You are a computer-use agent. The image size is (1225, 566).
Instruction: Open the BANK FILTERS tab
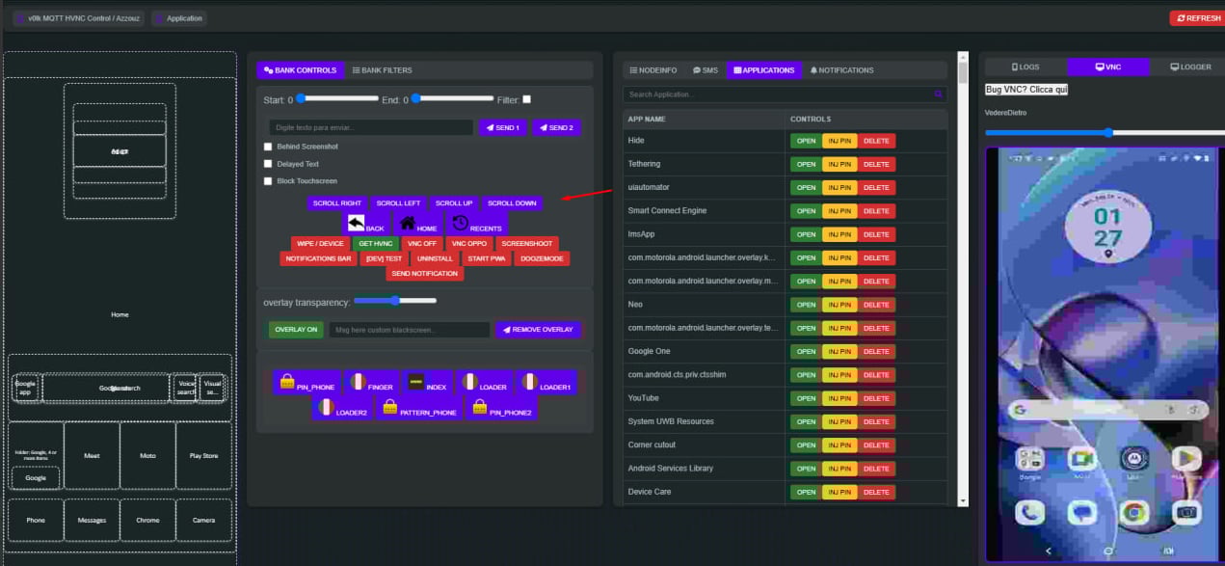tap(382, 70)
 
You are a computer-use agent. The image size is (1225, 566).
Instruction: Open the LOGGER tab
tap(1190, 67)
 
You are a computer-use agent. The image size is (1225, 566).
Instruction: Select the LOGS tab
tap(1025, 67)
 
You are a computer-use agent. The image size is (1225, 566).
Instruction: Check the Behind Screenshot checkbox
tap(268, 147)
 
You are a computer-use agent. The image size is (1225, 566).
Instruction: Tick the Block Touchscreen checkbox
tap(268, 181)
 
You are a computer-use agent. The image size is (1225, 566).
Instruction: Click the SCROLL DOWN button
tap(512, 203)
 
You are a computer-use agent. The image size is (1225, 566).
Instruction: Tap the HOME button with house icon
tap(418, 225)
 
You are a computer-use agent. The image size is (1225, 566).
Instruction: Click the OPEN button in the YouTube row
tap(806, 398)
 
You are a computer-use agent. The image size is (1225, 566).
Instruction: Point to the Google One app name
tap(649, 352)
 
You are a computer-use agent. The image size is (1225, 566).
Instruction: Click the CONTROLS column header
tap(811, 119)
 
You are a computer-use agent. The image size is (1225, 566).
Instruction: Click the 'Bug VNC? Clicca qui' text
tap(1025, 90)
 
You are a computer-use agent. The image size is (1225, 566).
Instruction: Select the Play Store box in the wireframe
tap(203, 456)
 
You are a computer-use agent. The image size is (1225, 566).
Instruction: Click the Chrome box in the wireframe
tap(147, 521)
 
